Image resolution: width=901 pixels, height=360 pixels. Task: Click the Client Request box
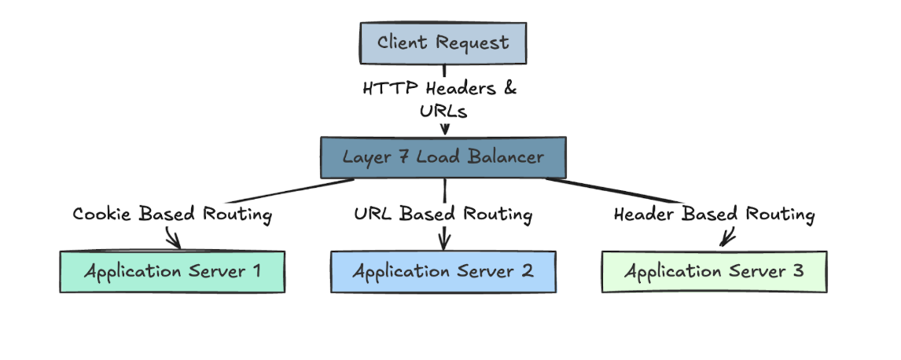(443, 43)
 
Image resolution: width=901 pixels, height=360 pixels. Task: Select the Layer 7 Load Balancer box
(443, 157)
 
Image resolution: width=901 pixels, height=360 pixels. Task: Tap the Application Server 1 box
(172, 272)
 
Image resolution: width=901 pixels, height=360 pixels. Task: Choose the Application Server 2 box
(443, 272)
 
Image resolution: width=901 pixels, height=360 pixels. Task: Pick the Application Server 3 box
(714, 272)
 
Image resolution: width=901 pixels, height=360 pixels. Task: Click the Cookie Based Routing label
(172, 214)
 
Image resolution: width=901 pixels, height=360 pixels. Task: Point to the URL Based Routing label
(443, 214)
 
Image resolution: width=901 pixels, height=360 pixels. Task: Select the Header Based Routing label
(714, 214)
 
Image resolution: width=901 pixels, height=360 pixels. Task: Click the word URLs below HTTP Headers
(444, 112)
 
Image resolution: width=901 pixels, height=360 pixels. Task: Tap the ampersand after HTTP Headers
(510, 88)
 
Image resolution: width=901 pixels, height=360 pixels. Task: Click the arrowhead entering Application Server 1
(175, 242)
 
